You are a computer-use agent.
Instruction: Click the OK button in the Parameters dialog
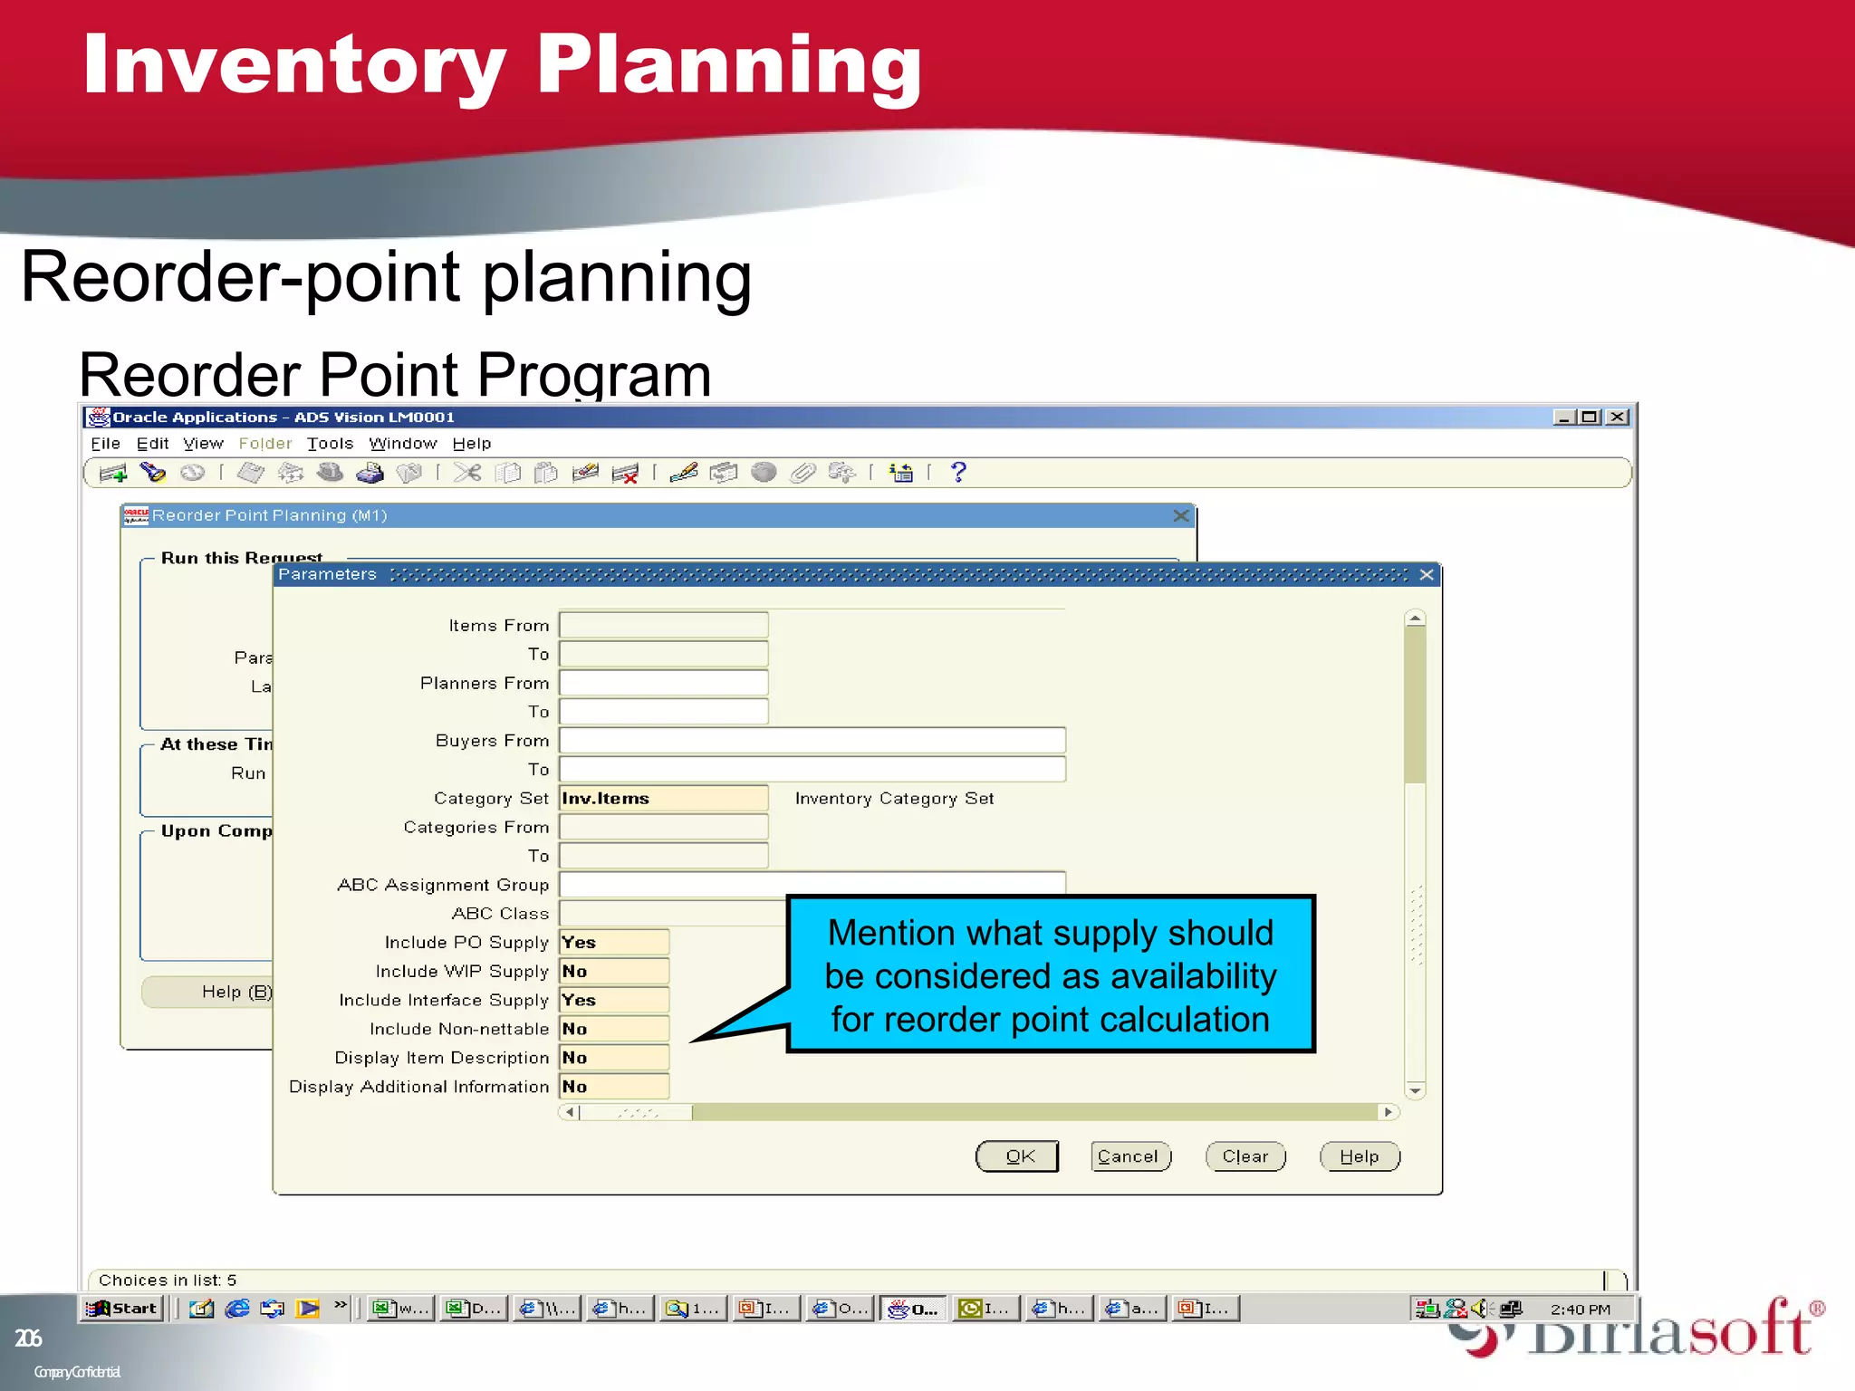pyautogui.click(x=1018, y=1156)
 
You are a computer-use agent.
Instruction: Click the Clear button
pyautogui.click(x=1245, y=1156)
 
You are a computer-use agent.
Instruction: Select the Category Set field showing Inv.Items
pyautogui.click(x=663, y=798)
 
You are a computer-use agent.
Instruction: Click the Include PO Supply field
pyautogui.click(x=613, y=942)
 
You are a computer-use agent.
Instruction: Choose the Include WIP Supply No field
pyautogui.click(x=613, y=971)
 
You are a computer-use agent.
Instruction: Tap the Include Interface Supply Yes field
pyautogui.click(x=613, y=1000)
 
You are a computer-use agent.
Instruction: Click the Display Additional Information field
pyautogui.click(x=613, y=1086)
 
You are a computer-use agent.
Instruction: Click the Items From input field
pyautogui.click(x=663, y=625)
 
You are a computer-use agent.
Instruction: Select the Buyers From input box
pyautogui.click(x=812, y=740)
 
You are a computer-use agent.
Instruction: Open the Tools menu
pyautogui.click(x=330, y=444)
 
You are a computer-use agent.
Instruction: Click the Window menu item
pyautogui.click(x=402, y=444)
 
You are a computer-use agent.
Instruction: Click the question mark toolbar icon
pyautogui.click(x=958, y=472)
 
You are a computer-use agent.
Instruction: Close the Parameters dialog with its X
pyautogui.click(x=1427, y=575)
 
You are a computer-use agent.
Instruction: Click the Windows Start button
pyautogui.click(x=123, y=1308)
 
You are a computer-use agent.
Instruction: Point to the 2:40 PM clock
pyautogui.click(x=1580, y=1309)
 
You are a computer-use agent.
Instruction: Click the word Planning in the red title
pyautogui.click(x=728, y=65)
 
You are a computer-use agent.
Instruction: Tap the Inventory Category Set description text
pyautogui.click(x=894, y=798)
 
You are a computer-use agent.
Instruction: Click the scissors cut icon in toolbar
pyautogui.click(x=467, y=472)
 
